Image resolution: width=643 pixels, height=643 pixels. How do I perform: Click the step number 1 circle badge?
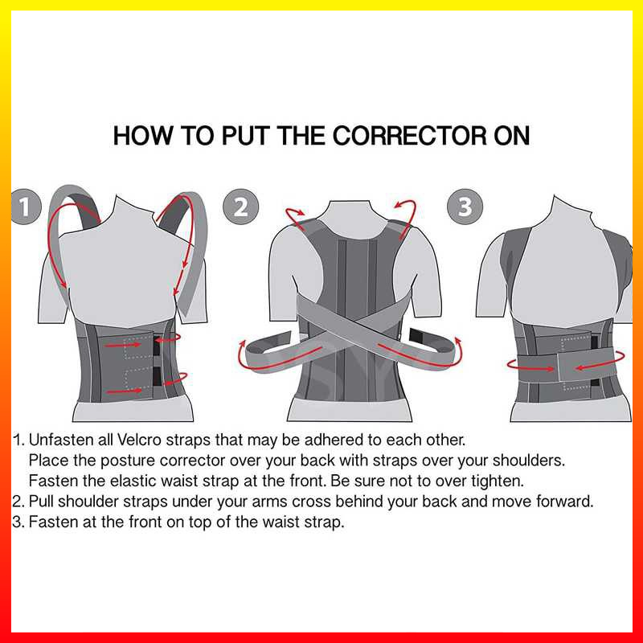click(25, 207)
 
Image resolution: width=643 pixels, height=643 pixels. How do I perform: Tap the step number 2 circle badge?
click(240, 207)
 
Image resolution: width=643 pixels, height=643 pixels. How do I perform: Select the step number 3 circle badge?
click(465, 207)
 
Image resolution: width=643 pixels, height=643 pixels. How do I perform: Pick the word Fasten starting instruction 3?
click(52, 522)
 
